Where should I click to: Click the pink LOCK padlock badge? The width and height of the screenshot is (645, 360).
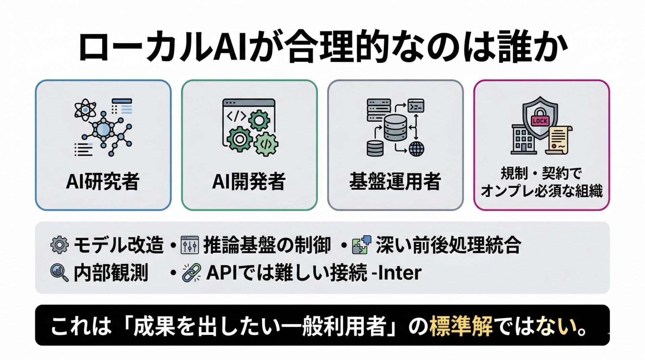click(x=540, y=120)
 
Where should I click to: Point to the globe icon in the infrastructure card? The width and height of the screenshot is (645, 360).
click(x=416, y=148)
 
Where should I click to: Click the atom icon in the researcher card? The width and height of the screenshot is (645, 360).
click(x=85, y=110)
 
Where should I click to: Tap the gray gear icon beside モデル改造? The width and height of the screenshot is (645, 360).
click(x=59, y=245)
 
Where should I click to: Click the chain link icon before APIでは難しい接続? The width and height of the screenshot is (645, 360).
click(x=191, y=272)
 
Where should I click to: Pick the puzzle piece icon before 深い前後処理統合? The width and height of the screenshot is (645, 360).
click(x=361, y=245)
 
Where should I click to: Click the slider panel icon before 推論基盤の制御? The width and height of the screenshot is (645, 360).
click(x=190, y=245)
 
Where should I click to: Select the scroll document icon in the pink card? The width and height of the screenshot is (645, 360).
click(x=558, y=140)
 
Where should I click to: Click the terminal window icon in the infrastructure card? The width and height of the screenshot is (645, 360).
click(x=416, y=106)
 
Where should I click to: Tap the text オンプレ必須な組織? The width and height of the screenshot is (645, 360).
click(x=542, y=191)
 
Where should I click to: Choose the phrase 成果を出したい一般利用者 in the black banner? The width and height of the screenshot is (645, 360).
click(x=259, y=326)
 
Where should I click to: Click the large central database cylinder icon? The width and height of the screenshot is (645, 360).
click(x=395, y=128)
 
